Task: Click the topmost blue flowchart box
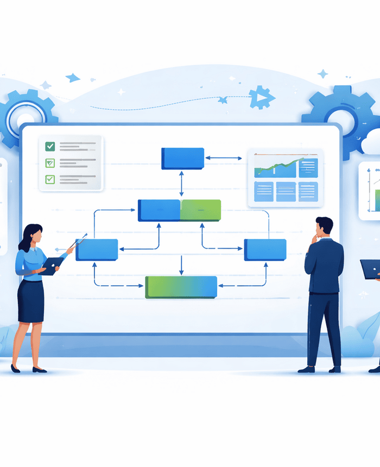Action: pyautogui.click(x=182, y=158)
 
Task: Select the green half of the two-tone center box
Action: pyautogui.click(x=200, y=210)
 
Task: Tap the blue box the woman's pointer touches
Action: pyautogui.click(x=97, y=250)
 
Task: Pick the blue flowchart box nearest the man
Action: pyautogui.click(x=265, y=249)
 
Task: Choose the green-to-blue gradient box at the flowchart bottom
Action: pyautogui.click(x=181, y=287)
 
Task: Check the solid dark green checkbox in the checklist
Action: pyautogui.click(x=50, y=146)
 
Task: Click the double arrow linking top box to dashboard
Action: pyautogui.click(x=224, y=159)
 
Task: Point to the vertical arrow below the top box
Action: pyautogui.click(x=182, y=184)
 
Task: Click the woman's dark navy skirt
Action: pyautogui.click(x=31, y=300)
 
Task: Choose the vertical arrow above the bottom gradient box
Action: pyautogui.click(x=181, y=265)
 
